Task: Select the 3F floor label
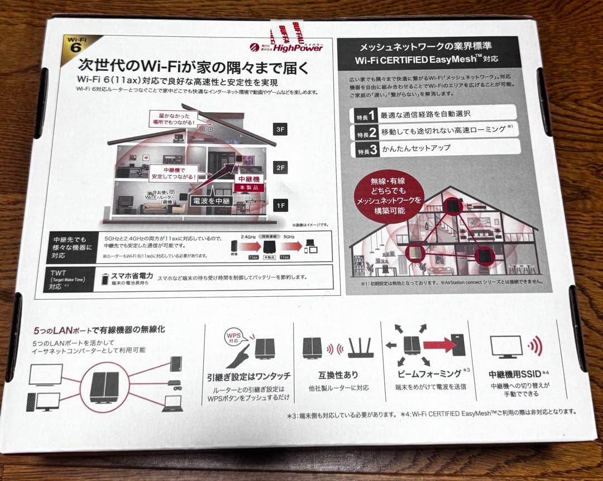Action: click(280, 129)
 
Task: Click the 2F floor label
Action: click(280, 167)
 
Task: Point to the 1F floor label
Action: click(279, 206)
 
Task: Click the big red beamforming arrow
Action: click(439, 345)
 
